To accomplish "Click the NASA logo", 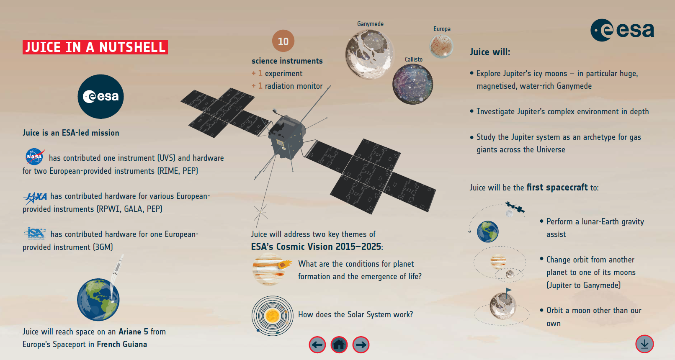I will tap(35, 157).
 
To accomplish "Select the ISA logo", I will tap(36, 233).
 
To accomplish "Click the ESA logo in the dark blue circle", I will tap(100, 97).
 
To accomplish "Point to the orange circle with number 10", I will tap(283, 41).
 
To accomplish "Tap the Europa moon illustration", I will tap(441, 46).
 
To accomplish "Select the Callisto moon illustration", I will tap(412, 84).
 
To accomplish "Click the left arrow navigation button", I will tap(317, 345).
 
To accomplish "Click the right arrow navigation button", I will tap(361, 345).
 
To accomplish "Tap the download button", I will tap(644, 344).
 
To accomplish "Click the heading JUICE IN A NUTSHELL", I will tap(95, 47).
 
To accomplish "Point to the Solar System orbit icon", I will tap(272, 316).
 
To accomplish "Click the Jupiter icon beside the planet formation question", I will tap(270, 270).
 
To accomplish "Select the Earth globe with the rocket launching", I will tap(98, 299).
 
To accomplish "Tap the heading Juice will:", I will tap(490, 52).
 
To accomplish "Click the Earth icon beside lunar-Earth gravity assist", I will tap(488, 232).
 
